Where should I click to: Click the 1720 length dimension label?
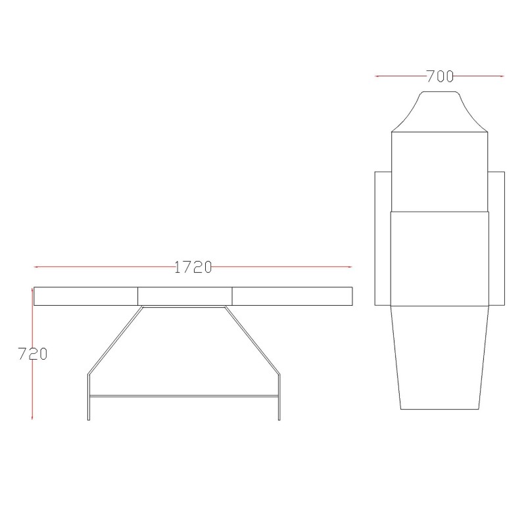[193, 268]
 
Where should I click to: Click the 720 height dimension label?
[32, 354]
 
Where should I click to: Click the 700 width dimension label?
[440, 76]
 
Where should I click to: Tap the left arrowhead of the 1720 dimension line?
[36, 267]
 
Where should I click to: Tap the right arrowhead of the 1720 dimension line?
[350, 267]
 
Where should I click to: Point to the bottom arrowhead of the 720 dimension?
[32, 418]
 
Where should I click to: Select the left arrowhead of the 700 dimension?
[377, 76]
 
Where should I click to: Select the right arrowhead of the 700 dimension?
[502, 76]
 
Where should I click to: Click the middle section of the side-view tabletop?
[185, 297]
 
